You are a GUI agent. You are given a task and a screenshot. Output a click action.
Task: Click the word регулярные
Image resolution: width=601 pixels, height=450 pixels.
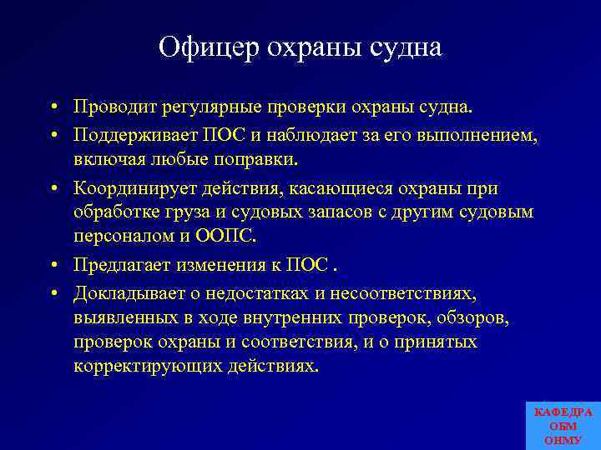tap(212, 107)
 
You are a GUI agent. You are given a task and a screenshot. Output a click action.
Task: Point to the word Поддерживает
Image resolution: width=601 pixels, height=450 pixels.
tap(135, 135)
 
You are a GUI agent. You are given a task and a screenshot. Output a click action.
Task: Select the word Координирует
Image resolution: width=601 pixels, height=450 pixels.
tap(136, 189)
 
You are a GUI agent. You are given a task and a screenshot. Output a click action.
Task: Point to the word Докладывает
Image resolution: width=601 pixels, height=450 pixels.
tap(133, 292)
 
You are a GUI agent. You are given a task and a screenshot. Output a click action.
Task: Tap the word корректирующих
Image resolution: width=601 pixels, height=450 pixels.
tap(148, 366)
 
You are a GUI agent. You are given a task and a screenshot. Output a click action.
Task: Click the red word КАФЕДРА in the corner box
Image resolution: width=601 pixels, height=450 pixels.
tap(563, 412)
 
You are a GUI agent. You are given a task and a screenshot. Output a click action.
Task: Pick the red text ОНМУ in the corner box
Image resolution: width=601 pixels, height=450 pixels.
tap(563, 439)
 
